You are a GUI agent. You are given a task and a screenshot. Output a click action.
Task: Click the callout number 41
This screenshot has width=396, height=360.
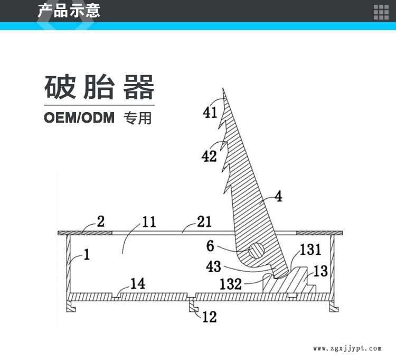(x=210, y=112)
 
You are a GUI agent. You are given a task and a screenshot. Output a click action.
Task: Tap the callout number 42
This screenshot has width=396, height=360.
(x=209, y=156)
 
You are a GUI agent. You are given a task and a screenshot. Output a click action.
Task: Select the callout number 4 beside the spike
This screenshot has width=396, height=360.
(x=279, y=197)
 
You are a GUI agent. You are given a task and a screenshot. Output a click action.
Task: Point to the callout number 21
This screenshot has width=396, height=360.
(x=204, y=221)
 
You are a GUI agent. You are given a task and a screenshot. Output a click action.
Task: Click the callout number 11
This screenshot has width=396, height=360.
(x=149, y=222)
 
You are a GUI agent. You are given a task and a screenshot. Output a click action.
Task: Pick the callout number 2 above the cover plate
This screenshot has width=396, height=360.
(x=100, y=221)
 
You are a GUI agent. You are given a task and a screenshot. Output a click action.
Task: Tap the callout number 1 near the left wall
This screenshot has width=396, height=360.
(x=87, y=255)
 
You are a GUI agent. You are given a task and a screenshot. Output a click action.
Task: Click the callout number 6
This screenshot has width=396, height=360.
(x=210, y=246)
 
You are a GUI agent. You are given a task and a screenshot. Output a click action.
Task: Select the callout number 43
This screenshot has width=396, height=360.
(x=214, y=266)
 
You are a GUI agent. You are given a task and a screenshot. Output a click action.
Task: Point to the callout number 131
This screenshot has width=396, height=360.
(x=310, y=250)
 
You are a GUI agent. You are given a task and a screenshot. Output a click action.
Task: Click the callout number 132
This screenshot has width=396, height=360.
(x=231, y=284)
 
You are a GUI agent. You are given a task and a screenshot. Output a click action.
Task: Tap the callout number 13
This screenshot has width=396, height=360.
(x=320, y=271)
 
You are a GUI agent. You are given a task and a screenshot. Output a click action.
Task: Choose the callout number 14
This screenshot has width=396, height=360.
(x=138, y=284)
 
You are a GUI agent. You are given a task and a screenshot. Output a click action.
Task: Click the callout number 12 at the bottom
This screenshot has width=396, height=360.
(x=210, y=317)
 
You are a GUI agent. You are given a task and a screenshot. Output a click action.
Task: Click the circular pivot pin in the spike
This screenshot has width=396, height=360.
(x=256, y=251)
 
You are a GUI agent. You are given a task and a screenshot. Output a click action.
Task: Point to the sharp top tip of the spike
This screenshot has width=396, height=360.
(x=223, y=88)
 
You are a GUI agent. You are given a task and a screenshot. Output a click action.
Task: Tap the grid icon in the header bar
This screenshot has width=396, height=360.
(x=381, y=12)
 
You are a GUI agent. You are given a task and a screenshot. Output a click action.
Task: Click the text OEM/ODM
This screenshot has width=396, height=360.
(x=79, y=117)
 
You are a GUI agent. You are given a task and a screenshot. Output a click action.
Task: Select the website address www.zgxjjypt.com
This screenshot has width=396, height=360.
(x=347, y=348)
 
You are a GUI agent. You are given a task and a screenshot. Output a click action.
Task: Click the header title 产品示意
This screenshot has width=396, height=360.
(x=69, y=11)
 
